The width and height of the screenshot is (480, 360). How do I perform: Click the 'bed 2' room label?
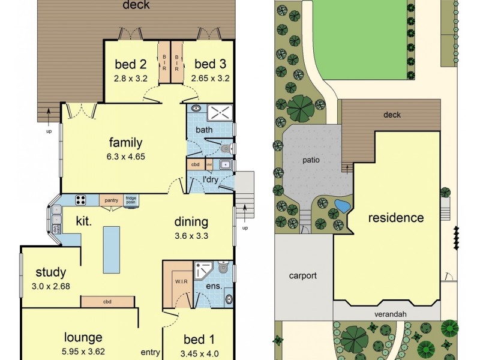click(x=130, y=64)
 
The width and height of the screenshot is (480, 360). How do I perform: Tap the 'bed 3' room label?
click(x=209, y=64)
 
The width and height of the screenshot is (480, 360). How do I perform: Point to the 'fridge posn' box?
click(x=131, y=200)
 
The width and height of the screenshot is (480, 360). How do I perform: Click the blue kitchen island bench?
click(x=110, y=248)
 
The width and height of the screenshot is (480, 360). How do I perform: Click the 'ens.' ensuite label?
click(x=214, y=286)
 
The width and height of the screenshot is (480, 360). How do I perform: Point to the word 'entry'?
click(x=150, y=352)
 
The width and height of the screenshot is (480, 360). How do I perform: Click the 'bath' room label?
click(x=204, y=130)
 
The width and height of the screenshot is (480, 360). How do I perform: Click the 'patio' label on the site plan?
click(x=311, y=160)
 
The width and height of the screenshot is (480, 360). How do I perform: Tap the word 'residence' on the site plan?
click(x=396, y=217)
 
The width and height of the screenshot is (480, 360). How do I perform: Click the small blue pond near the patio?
click(x=342, y=206)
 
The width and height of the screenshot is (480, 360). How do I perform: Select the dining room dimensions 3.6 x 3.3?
click(x=191, y=235)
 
